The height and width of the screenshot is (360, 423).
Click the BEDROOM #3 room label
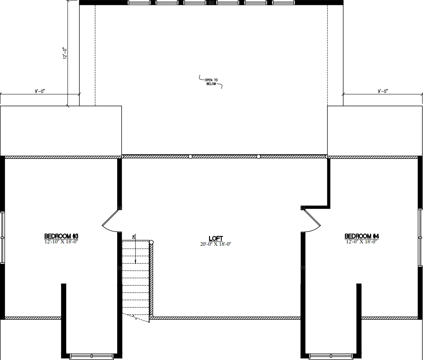(61, 236)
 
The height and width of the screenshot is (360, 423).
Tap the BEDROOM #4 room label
(362, 236)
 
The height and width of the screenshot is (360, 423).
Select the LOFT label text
(216, 239)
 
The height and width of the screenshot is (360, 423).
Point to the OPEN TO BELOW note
(211, 82)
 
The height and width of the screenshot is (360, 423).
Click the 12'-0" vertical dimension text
(65, 53)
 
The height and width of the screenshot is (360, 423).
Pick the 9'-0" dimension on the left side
(40, 91)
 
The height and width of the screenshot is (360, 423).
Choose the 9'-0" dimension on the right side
(383, 91)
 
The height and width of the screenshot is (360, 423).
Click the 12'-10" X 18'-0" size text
(61, 242)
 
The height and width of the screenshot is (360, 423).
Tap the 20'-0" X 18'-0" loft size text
(216, 244)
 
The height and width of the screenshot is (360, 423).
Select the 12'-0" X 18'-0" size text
(362, 242)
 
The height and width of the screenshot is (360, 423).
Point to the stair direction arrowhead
(135, 262)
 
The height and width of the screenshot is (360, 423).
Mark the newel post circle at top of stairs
(151, 242)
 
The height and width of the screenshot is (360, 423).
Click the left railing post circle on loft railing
(190, 156)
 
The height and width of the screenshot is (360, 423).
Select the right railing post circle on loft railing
(258, 156)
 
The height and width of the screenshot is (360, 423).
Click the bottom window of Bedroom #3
(92, 356)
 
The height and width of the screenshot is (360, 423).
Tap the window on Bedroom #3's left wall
(2, 237)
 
